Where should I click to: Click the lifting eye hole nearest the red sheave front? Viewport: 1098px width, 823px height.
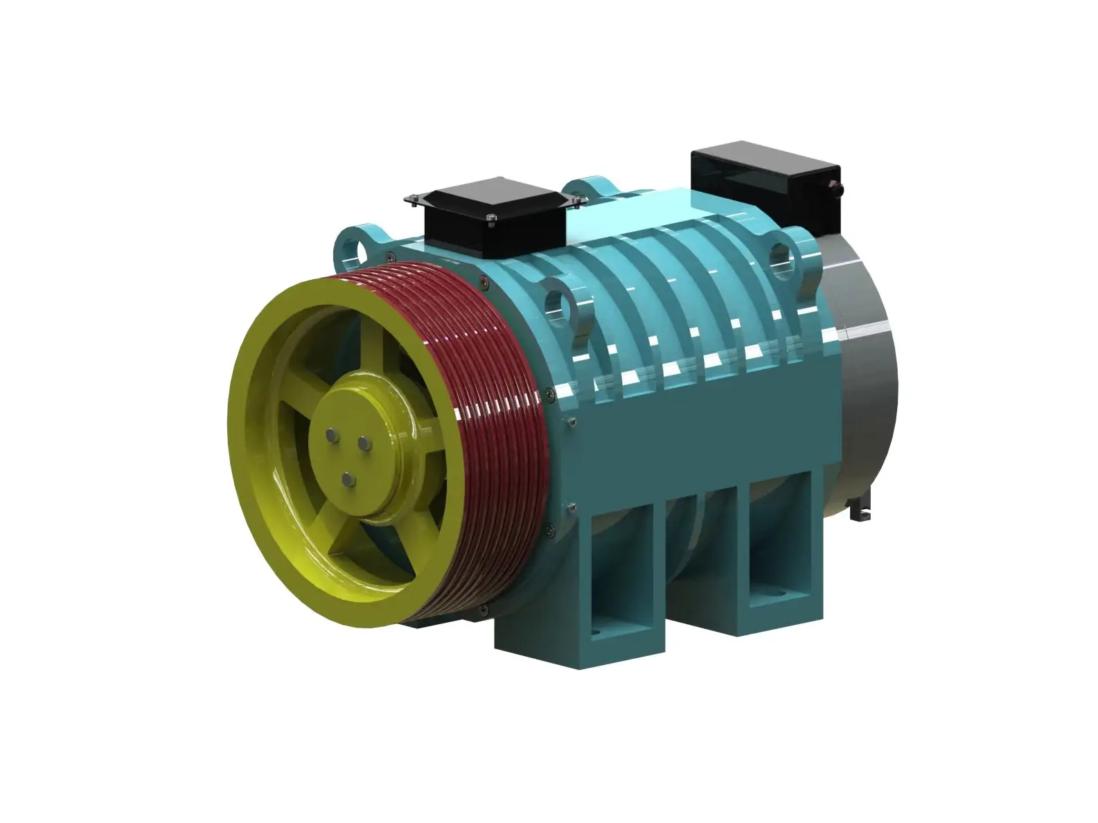coord(557,303)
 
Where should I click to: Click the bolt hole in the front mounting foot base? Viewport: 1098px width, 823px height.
coord(594,635)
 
